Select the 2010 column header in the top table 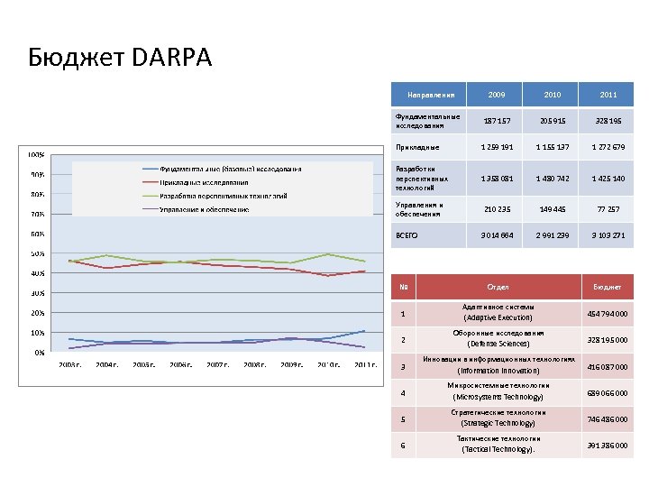[x=552, y=95]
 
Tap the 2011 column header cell [x=607, y=95]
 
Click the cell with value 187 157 [x=498, y=120]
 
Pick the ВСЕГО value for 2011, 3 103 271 [x=607, y=235]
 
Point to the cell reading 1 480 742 [x=552, y=178]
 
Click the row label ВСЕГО [x=407, y=235]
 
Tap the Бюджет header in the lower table [x=607, y=288]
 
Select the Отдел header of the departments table [x=498, y=288]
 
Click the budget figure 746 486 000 [x=607, y=419]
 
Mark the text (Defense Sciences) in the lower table [x=498, y=344]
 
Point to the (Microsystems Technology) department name [x=498, y=397]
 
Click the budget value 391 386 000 [x=607, y=446]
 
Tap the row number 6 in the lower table [x=403, y=446]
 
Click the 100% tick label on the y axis [x=38, y=155]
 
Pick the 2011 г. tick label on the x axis [x=364, y=364]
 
